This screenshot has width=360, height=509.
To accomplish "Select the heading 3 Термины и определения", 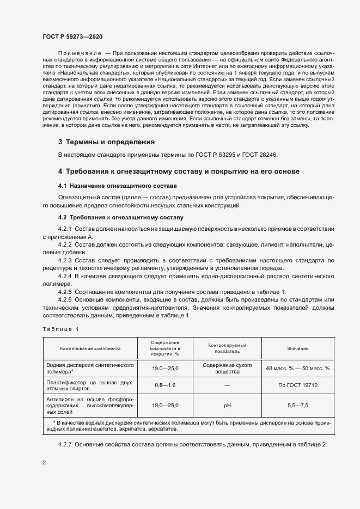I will (106, 142).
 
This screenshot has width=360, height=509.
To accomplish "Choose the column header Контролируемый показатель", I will (227, 348).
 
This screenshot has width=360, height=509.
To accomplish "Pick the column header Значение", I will (298, 348).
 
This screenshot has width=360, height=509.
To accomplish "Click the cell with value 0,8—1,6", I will (165, 385).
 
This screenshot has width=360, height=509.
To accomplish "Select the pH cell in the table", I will (227, 405).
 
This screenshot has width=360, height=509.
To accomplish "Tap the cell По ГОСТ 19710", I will (298, 385).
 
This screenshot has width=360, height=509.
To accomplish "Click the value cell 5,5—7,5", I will (298, 405).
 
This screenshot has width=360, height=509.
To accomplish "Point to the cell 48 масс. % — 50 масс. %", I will (298, 368).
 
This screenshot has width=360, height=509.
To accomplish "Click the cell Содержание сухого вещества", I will (227, 368).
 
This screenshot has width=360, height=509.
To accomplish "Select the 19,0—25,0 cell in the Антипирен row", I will (165, 405).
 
